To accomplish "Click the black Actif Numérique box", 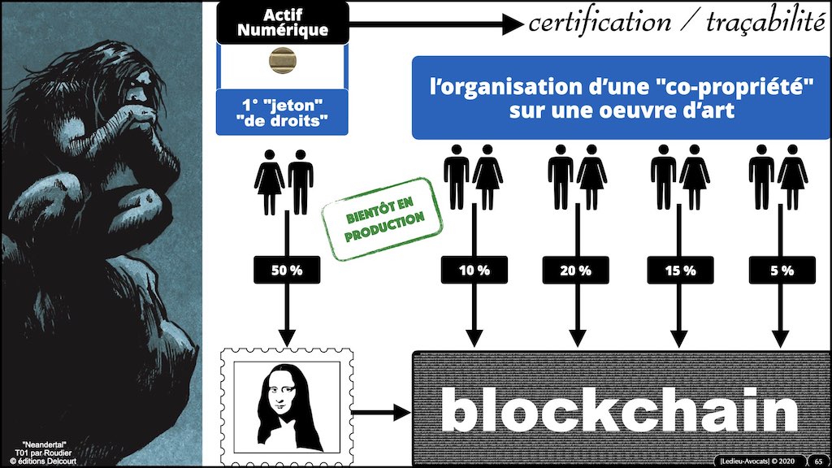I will click(283, 23).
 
